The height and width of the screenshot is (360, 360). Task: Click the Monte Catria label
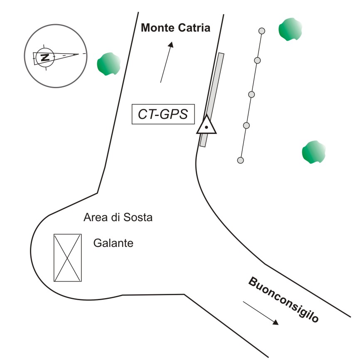176,28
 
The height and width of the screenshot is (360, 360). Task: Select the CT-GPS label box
163,114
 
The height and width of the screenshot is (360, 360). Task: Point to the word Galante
113,243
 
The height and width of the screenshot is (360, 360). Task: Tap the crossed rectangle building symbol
67,258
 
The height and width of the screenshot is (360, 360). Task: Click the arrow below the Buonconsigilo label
260,313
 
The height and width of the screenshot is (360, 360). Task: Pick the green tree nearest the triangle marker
313,152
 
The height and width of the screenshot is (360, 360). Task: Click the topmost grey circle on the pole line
262,30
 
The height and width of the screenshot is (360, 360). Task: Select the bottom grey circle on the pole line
240,160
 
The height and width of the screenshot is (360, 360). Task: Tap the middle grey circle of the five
251,94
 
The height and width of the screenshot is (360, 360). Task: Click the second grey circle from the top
257,61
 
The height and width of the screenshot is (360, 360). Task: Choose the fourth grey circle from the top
246,125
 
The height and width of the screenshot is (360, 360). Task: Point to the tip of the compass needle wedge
79,54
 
